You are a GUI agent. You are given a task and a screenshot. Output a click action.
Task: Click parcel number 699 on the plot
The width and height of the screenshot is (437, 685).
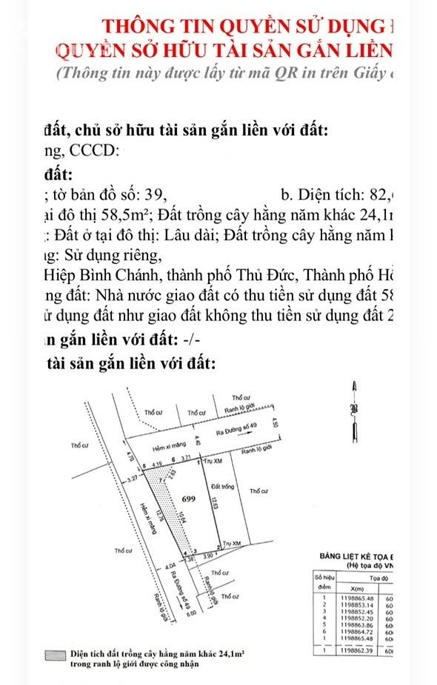click(188, 499)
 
